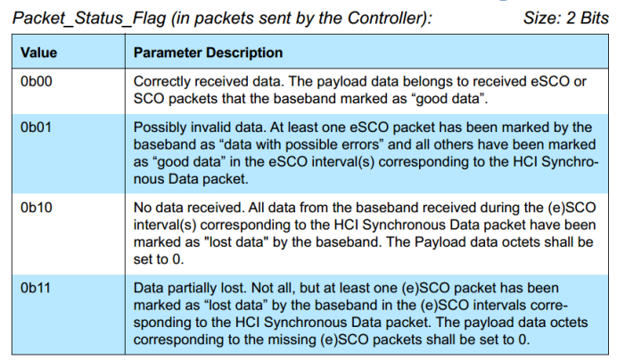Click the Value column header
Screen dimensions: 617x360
(38, 53)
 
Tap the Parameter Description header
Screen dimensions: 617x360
(208, 53)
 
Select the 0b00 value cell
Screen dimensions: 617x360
(37, 81)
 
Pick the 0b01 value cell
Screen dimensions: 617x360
(36, 127)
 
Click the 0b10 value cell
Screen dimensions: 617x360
(37, 208)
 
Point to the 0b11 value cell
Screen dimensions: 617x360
(36, 288)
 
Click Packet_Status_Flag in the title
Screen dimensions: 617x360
(89, 18)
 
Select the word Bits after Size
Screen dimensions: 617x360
(595, 18)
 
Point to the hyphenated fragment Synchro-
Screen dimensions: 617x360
(570, 161)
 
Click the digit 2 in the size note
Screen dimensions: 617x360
(572, 18)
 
